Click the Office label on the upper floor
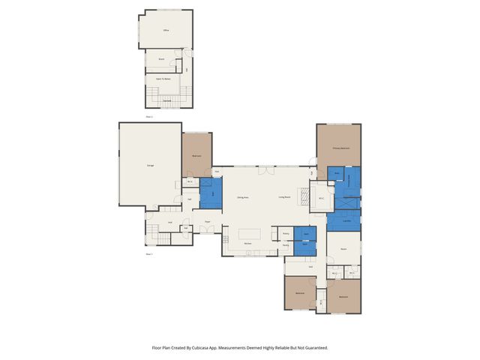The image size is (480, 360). (x=166, y=30)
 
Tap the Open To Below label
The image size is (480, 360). (x=163, y=78)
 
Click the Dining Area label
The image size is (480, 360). (x=242, y=197)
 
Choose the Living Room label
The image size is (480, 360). (x=285, y=197)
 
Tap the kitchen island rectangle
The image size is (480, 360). (x=250, y=233)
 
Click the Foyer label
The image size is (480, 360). (x=206, y=221)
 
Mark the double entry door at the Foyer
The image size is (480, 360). (x=208, y=230)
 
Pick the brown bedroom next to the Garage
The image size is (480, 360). (x=196, y=155)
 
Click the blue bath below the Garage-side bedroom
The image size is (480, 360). (x=212, y=193)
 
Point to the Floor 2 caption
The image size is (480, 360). (x=149, y=117)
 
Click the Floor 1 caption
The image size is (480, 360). (x=149, y=254)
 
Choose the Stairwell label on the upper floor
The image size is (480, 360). (x=167, y=100)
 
